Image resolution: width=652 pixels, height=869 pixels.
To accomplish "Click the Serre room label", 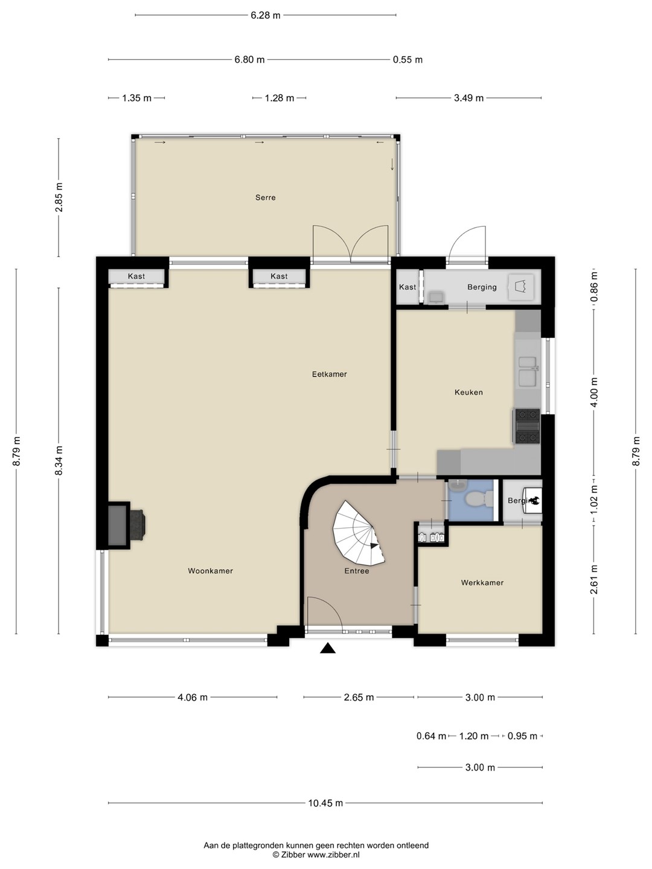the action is [x=265, y=197].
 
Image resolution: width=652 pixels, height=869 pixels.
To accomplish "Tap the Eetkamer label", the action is [x=330, y=374].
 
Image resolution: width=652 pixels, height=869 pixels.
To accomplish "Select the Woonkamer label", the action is [x=210, y=571].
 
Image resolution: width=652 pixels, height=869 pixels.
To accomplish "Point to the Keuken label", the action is [x=468, y=392].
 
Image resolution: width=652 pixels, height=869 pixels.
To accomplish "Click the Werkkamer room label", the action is [x=482, y=583].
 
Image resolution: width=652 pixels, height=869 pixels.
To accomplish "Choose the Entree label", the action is [x=357, y=571].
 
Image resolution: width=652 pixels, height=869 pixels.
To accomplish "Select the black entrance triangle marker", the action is [x=327, y=648].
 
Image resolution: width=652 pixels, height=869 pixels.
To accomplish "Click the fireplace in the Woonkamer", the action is [x=126, y=526].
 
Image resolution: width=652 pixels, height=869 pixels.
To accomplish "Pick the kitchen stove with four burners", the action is [x=527, y=425].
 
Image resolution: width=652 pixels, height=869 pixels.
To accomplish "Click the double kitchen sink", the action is [x=528, y=371].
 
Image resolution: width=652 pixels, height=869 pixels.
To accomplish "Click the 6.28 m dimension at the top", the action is [x=265, y=16].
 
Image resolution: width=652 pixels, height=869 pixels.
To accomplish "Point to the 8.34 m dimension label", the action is [x=59, y=461].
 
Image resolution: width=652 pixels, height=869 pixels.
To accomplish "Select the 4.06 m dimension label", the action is [x=193, y=697].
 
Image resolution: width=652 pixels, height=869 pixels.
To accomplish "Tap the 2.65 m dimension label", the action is [x=359, y=697].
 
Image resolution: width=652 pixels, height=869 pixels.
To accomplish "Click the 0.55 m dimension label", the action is [x=407, y=60].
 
